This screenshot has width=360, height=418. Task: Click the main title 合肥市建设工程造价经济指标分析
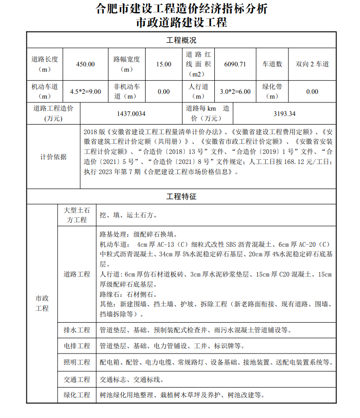[182, 9]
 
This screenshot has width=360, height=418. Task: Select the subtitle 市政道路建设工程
[182, 23]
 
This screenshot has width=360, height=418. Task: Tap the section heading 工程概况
[181, 40]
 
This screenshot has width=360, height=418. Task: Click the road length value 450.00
[86, 64]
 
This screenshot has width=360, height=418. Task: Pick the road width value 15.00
[163, 64]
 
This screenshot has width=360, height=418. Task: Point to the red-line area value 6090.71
[235, 64]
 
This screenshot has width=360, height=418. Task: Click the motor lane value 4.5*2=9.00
[86, 91]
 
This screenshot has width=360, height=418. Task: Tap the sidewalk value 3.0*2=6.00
[235, 91]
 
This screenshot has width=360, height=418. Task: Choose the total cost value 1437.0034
[131, 114]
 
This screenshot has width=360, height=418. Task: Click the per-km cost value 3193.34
[284, 114]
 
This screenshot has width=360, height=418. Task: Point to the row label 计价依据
[53, 157]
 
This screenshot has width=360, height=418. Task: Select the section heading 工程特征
[181, 196]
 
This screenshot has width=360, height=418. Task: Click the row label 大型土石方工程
[77, 215]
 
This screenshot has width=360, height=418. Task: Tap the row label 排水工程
[77, 330]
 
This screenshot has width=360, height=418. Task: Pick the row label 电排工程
[77, 346]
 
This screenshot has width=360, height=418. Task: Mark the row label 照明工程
[77, 362]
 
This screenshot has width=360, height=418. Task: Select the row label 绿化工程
[77, 395]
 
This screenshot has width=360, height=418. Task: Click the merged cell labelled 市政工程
[42, 304]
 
